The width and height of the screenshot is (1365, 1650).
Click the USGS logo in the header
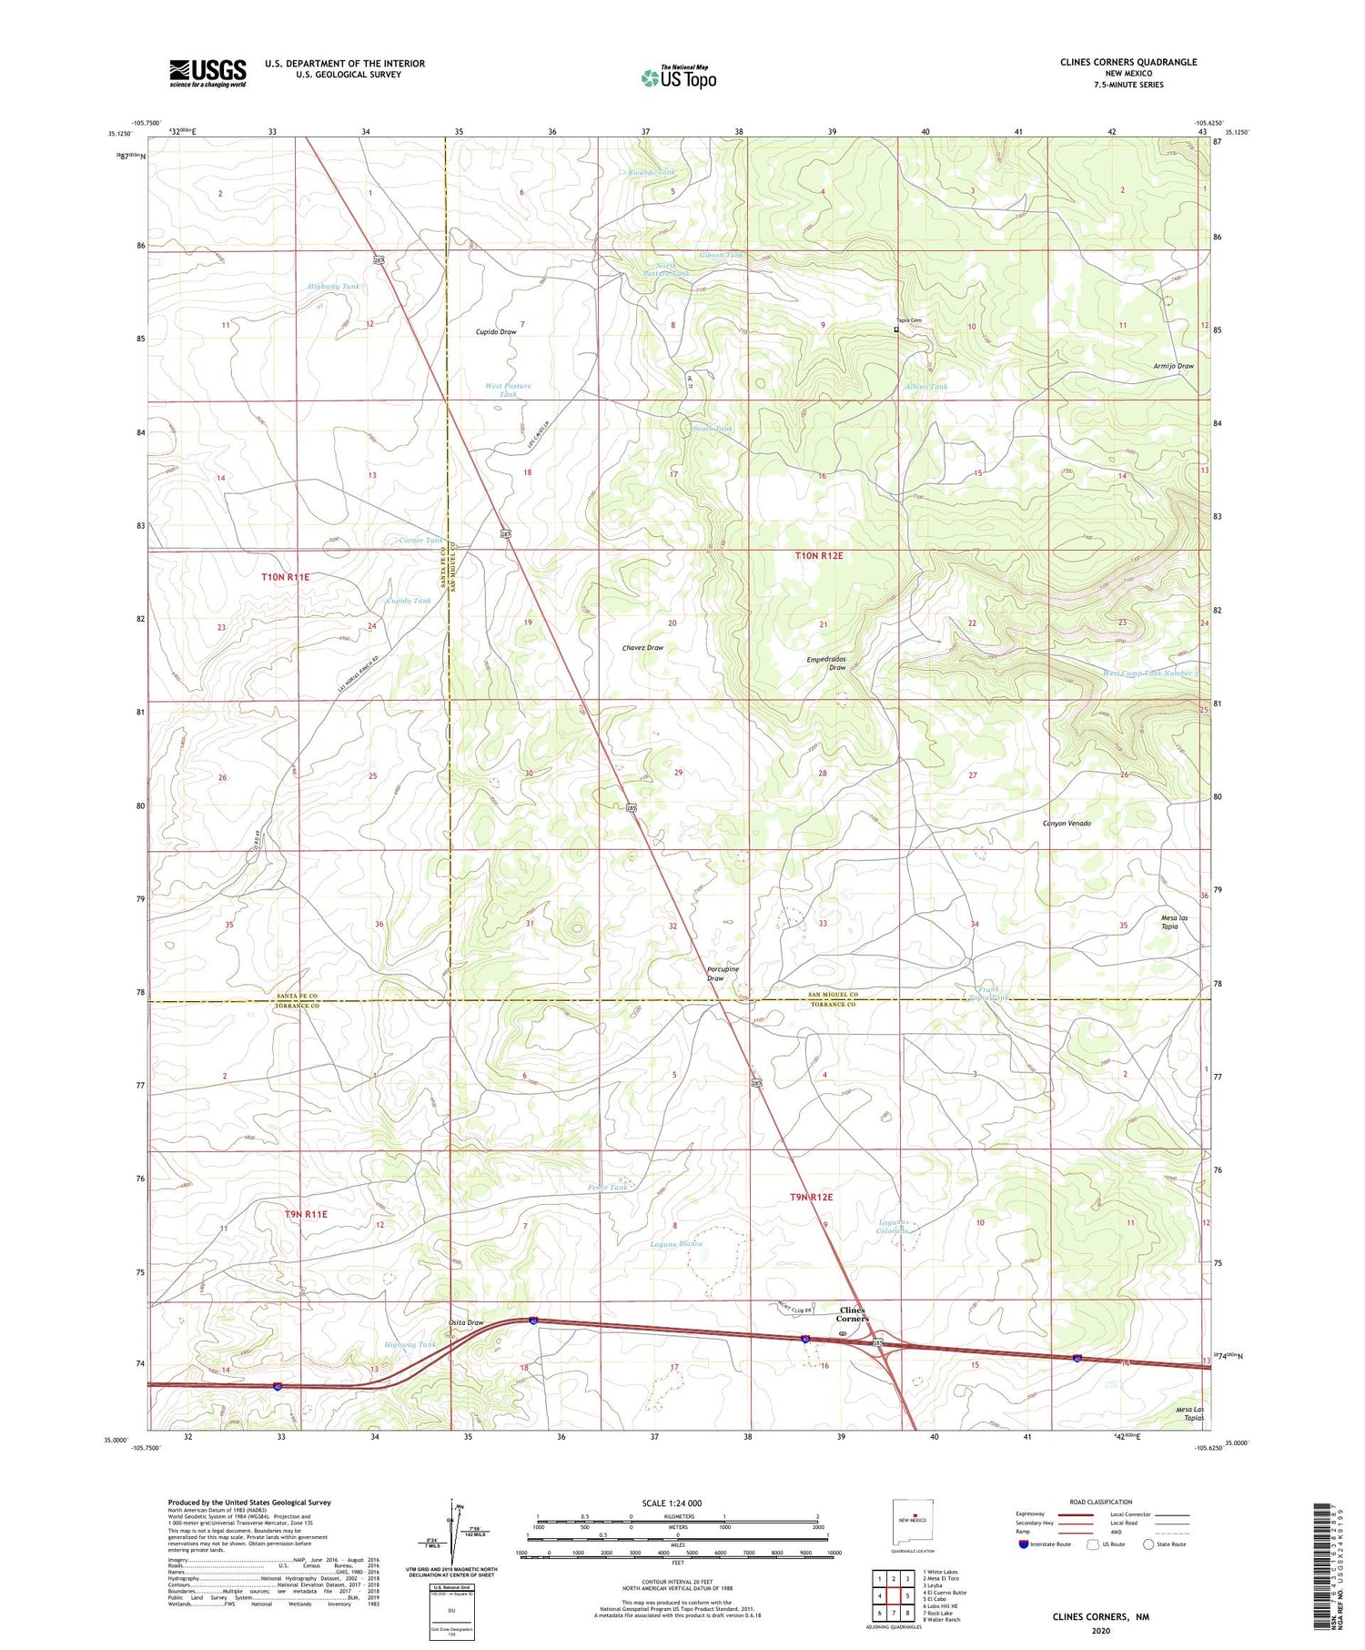coord(207,73)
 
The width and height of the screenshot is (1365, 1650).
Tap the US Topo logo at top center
coord(678,77)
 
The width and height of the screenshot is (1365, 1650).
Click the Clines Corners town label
coord(853,1313)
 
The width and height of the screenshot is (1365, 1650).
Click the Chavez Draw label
coord(642,648)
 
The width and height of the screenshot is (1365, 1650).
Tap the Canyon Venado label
coord(1067,823)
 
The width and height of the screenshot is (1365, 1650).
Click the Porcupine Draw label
coord(723,973)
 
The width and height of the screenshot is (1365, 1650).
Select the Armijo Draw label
coord(1171,366)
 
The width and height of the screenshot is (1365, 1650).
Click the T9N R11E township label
coord(305,1213)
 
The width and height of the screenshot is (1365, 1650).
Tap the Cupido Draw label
coord(496,332)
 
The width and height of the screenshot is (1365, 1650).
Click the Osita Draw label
coord(466,1322)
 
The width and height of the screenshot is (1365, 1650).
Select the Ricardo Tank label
coord(652,172)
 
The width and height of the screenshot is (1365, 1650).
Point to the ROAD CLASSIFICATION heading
coord(1101,1502)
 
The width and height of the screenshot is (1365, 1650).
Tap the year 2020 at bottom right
coord(1100,1629)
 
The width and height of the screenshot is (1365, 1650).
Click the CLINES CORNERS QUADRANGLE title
coord(1115,62)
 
